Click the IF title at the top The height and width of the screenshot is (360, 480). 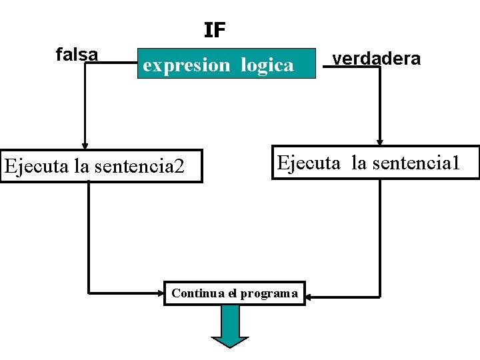215,30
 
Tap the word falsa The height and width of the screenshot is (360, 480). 77,54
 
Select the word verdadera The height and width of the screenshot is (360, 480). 377,59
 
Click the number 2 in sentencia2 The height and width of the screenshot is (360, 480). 179,165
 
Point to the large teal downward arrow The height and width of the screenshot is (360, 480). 230,327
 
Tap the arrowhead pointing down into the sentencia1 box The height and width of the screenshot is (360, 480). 379,141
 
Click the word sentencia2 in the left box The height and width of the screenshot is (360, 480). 137,166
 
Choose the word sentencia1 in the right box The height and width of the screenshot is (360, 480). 416,163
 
